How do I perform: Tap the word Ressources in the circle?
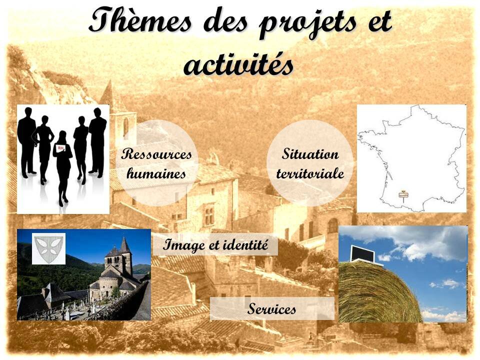156,153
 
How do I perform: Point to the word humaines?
156,173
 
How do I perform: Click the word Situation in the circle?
310,153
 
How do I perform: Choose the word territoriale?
310,173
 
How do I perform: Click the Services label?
271,308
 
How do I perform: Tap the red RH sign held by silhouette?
60,148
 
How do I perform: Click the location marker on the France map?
403,195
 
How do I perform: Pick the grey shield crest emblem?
48,248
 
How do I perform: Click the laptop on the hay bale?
363,254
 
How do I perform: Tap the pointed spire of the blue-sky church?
124,245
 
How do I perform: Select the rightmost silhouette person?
97,142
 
